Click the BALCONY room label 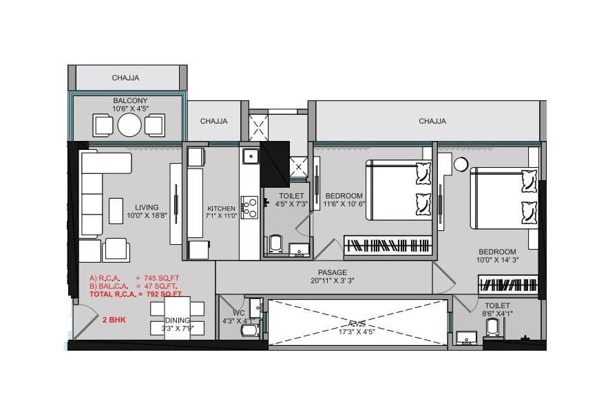tap(130, 100)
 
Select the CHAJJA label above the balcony tap(125, 78)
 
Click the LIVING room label tap(147, 207)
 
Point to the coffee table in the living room tap(116, 210)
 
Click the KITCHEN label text tap(222, 208)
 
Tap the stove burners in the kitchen tap(249, 208)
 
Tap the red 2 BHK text tap(113, 320)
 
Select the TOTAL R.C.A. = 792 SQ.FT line tap(136, 294)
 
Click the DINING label tap(178, 320)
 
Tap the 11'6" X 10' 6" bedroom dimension tap(344, 204)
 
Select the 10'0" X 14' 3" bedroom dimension tap(497, 261)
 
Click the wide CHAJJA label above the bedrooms tap(432, 121)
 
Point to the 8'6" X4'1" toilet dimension tap(498, 313)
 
